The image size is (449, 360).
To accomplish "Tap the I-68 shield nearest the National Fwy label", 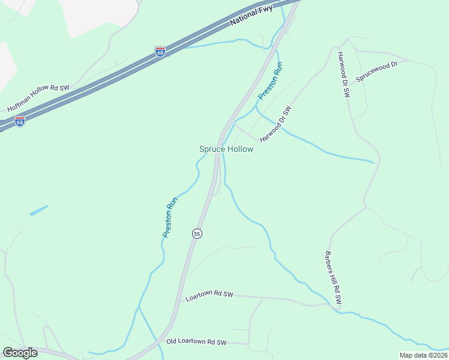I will [160, 52].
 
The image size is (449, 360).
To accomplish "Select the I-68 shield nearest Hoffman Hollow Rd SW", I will [20, 121].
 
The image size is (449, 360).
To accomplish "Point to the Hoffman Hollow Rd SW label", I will [38, 98].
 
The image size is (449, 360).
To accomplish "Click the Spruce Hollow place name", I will [226, 149].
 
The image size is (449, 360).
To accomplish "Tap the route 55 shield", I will [197, 233].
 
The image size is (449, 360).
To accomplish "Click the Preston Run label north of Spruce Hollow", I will [270, 80].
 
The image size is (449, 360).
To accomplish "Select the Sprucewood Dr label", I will [377, 71].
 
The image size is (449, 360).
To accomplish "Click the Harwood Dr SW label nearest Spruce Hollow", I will [276, 124].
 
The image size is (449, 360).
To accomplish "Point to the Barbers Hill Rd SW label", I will [333, 277].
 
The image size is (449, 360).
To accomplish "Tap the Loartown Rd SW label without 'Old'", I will [209, 296].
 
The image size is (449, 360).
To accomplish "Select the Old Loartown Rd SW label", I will [197, 342].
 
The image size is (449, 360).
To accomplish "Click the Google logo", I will [20, 353].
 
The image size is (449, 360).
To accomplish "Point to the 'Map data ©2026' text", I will [423, 355].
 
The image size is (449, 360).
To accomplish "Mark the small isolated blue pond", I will [38, 210].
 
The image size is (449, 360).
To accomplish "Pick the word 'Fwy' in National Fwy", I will [265, 10].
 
